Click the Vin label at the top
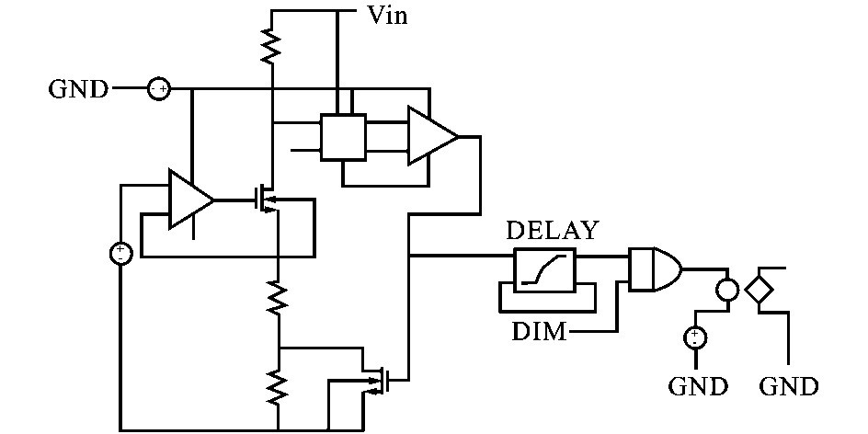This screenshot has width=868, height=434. (x=387, y=15)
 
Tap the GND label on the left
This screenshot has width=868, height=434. (x=78, y=89)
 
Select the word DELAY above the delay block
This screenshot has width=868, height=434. (x=552, y=230)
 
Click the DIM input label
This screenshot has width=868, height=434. (x=539, y=331)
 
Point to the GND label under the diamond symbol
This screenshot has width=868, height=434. (x=788, y=385)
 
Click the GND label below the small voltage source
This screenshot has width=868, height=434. (x=699, y=385)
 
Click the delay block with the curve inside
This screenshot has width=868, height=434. (x=544, y=269)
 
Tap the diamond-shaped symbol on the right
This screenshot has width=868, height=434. (x=759, y=291)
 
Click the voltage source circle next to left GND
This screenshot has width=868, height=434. (x=159, y=89)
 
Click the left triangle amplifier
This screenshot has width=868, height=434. (x=188, y=199)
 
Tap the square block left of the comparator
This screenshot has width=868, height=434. (x=342, y=138)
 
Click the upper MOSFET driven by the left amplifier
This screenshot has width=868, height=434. (x=268, y=197)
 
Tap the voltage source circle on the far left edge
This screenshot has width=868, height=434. (x=120, y=251)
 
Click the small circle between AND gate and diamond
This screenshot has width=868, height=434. (x=727, y=291)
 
